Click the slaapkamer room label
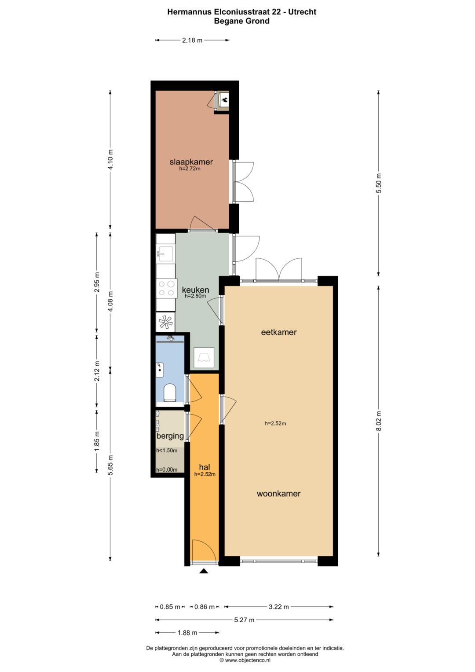click(x=191, y=162)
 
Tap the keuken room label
click(x=195, y=290)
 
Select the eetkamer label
click(x=279, y=332)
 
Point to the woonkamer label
click(x=279, y=494)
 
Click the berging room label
click(x=170, y=436)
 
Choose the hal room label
click(x=205, y=467)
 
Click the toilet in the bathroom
click(x=170, y=392)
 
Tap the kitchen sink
click(x=166, y=254)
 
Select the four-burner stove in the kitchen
click(x=166, y=288)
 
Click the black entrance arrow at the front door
click(x=204, y=571)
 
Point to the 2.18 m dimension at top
click(x=192, y=40)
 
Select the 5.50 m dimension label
click(x=379, y=184)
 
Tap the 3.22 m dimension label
click(x=279, y=607)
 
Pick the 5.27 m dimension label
click(x=244, y=620)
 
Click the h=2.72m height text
click(x=190, y=169)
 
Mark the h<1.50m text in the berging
click(x=167, y=451)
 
